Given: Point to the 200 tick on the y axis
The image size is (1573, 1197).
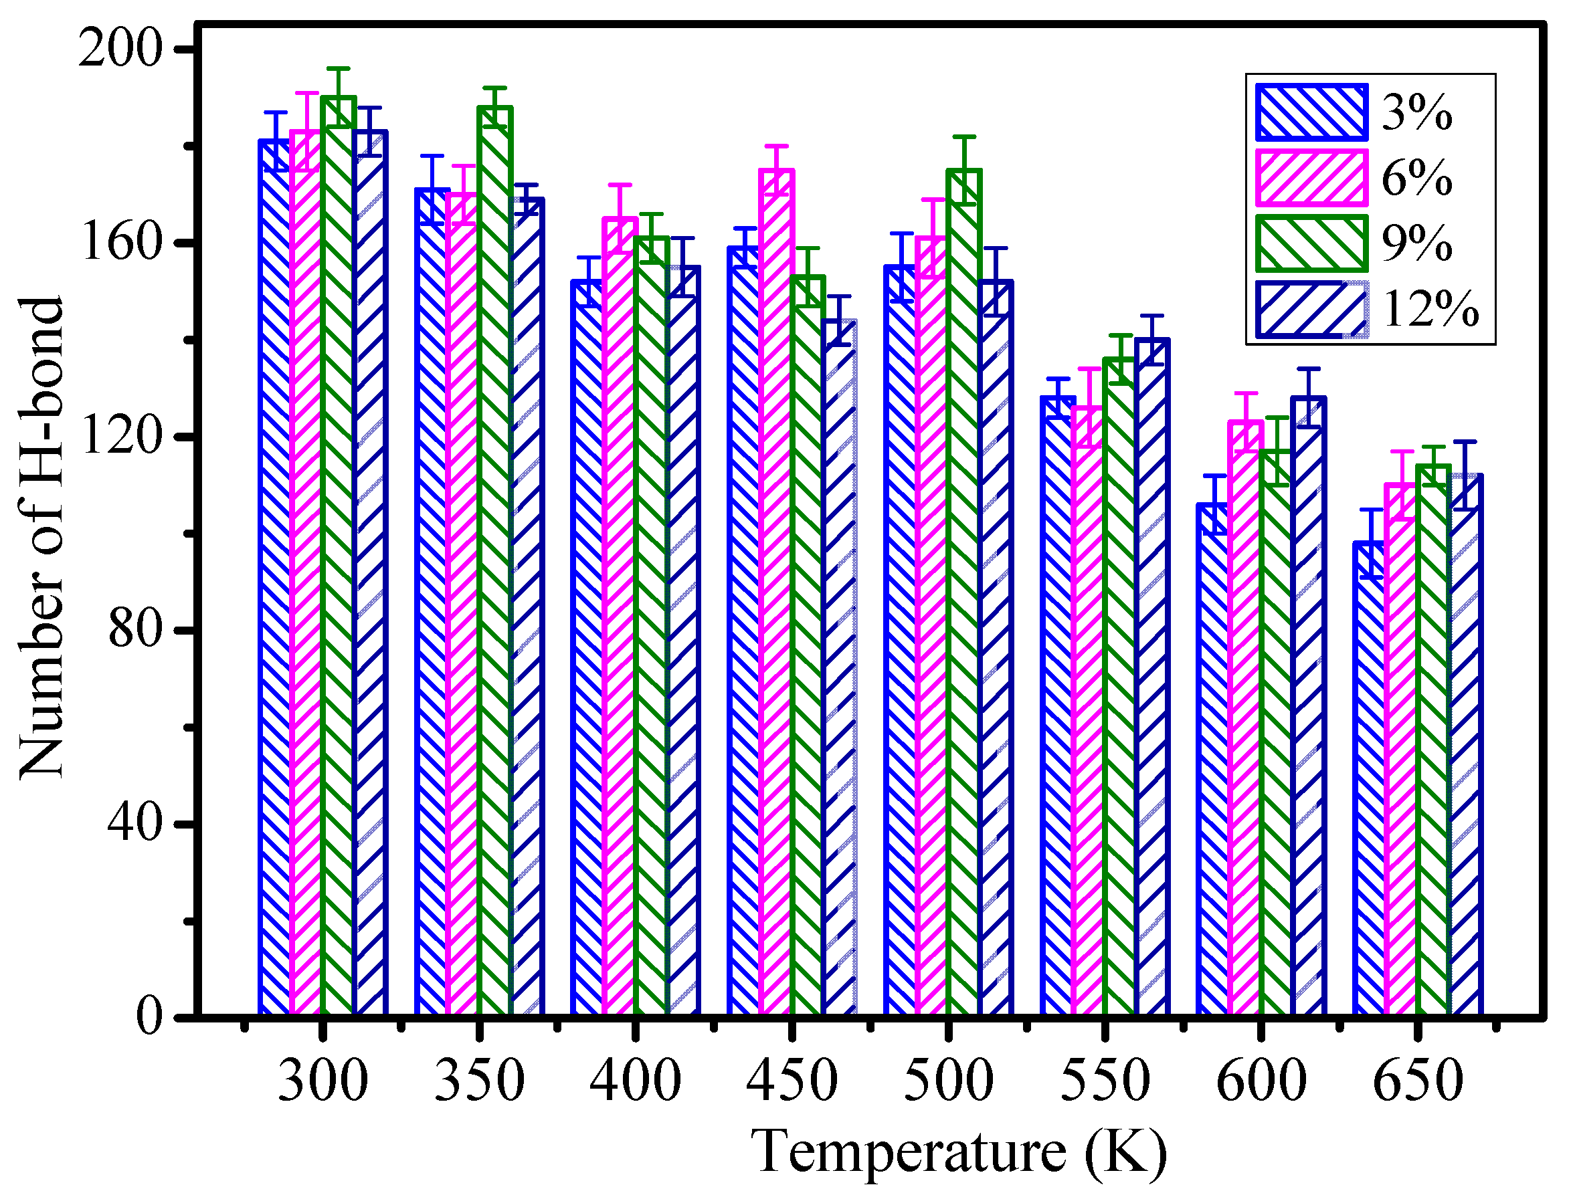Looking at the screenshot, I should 120,50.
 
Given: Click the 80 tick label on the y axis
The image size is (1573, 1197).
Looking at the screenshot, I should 134,631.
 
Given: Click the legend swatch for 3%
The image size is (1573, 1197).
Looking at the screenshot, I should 1311,112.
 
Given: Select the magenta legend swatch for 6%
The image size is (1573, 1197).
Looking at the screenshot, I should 1311,177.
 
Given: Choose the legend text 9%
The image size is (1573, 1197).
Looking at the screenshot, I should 1417,243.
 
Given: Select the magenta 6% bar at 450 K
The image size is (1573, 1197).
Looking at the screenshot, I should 777,591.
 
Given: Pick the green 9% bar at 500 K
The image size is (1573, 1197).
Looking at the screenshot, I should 963,591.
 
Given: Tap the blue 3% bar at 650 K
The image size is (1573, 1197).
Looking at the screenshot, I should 1368,776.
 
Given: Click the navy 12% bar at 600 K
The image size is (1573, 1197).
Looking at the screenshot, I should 1309,705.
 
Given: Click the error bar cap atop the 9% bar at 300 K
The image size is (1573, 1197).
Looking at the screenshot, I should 339,69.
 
